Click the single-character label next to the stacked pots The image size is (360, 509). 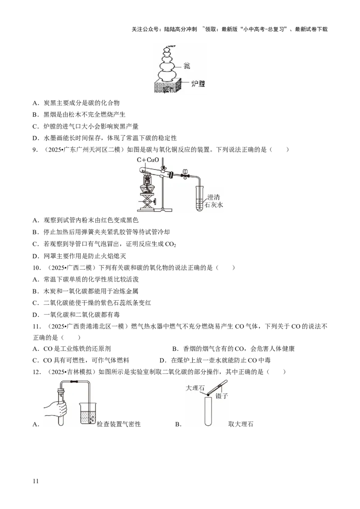(x=187, y=66)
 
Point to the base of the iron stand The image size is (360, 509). (x=165, y=210)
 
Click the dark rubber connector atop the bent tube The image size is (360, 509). (x=74, y=382)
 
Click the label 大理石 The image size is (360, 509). (x=195, y=388)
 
